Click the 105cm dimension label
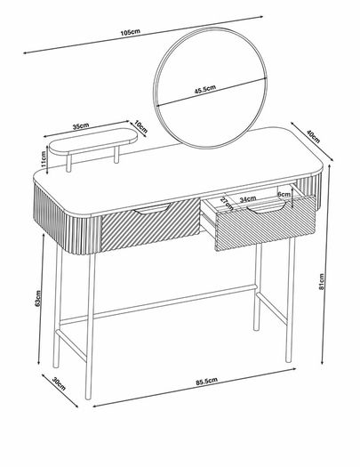click(130, 32)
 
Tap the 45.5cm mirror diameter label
click(205, 89)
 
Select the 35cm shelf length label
click(81, 126)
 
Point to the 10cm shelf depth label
click(140, 126)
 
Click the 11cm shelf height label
click(44, 158)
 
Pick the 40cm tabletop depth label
click(313, 137)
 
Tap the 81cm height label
click(321, 281)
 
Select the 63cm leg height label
click(37, 298)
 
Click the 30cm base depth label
click(59, 383)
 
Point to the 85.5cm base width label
click(206, 382)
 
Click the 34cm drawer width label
click(248, 199)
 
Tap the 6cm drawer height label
click(284, 194)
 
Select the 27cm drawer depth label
click(227, 204)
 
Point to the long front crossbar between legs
click(158, 304)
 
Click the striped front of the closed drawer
click(150, 224)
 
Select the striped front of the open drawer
click(265, 222)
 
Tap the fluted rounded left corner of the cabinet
click(68, 221)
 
